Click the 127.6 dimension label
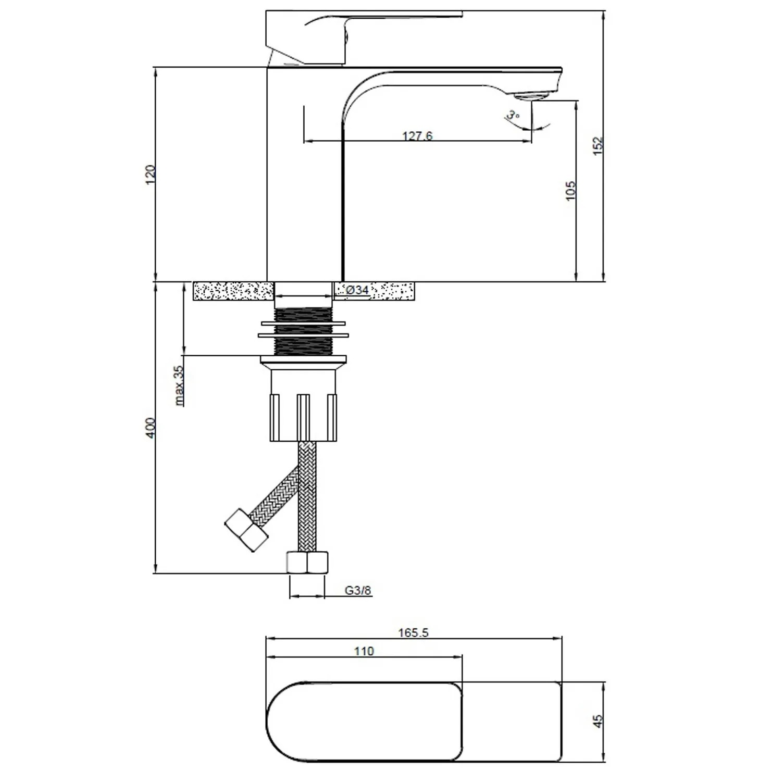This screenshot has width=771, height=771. coord(417,136)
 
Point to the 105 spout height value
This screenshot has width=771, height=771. coord(571,190)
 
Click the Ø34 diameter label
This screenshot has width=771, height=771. coord(357,290)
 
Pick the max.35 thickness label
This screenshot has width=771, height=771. coord(179,385)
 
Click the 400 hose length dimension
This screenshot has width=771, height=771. coord(150,427)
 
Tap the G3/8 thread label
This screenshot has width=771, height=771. coord(358,590)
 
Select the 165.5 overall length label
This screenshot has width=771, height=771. coord(413,632)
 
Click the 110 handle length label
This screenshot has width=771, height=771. coord(364,651)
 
